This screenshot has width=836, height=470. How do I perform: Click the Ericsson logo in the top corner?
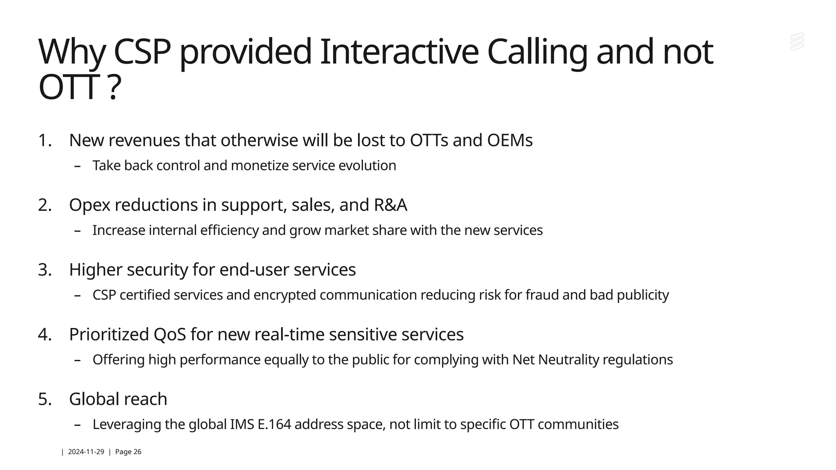(x=796, y=42)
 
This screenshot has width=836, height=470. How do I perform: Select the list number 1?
(x=44, y=140)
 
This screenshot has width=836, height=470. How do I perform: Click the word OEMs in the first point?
(x=509, y=140)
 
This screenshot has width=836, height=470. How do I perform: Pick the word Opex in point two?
(x=89, y=205)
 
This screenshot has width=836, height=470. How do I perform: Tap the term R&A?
(x=390, y=205)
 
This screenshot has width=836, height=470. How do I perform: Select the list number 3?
(x=44, y=270)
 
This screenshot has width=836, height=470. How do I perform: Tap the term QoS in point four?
(x=169, y=335)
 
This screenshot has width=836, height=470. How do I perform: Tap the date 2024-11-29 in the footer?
(x=86, y=452)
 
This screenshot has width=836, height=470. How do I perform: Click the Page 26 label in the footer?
(x=128, y=452)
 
